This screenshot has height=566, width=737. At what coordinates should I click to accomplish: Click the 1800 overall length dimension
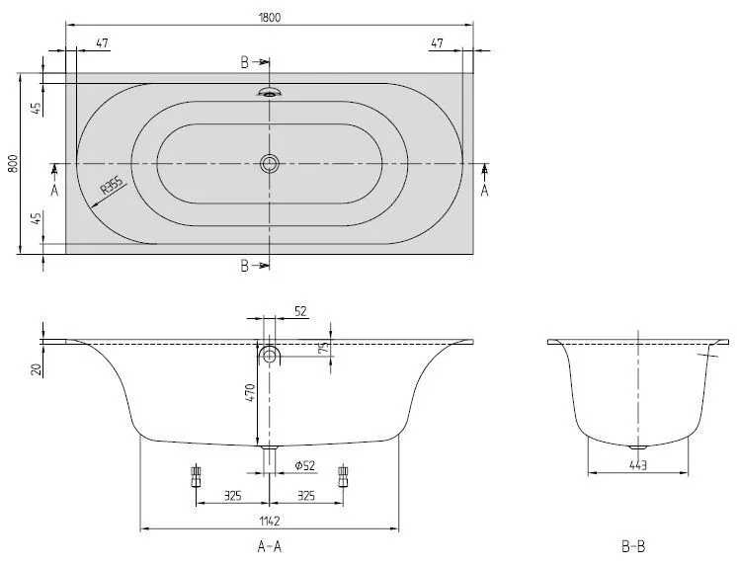click(x=270, y=18)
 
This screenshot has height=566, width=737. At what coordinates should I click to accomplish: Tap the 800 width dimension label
click(x=13, y=163)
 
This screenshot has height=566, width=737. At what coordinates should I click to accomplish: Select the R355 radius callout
click(x=112, y=185)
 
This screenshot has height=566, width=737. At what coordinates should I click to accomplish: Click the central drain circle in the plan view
click(x=270, y=163)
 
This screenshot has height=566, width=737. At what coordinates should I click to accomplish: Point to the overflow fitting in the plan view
click(x=270, y=92)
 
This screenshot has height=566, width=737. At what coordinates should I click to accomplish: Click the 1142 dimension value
click(x=270, y=521)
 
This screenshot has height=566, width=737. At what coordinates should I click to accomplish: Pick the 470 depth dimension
click(x=250, y=392)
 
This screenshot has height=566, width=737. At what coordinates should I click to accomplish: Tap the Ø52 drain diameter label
click(x=305, y=465)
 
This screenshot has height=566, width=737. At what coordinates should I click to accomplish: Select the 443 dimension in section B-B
click(x=638, y=465)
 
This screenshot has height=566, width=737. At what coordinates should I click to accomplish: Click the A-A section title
click(x=270, y=546)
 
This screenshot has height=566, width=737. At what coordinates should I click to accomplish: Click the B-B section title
click(x=633, y=546)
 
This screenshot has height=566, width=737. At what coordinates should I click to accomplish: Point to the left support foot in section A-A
click(x=196, y=476)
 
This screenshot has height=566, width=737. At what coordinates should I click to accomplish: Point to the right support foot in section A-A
click(x=343, y=476)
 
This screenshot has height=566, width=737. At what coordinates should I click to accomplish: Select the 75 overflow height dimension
click(x=324, y=348)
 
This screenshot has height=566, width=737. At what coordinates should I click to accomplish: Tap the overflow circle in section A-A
click(x=270, y=355)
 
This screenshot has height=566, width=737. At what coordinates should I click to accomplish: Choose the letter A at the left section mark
click(x=54, y=191)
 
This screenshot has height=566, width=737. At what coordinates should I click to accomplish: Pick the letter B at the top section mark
click(x=244, y=62)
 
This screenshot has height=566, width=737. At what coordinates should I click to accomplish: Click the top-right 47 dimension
click(x=437, y=43)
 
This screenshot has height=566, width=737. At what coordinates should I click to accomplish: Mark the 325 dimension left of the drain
click(x=233, y=496)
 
